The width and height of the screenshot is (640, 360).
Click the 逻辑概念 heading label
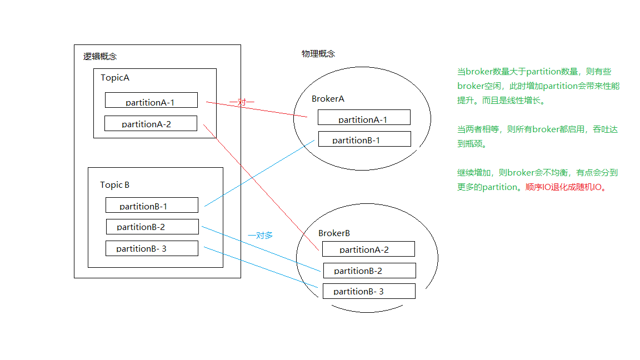[x=100, y=57]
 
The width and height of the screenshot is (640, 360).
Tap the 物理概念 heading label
[x=318, y=54]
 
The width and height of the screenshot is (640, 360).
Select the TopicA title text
[x=115, y=78]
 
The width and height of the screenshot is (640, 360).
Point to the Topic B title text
[x=114, y=185]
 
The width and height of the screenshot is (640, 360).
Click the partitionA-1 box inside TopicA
[x=151, y=101]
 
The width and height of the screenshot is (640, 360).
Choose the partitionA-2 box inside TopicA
[x=151, y=123]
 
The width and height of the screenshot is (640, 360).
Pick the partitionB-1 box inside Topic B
[x=152, y=205]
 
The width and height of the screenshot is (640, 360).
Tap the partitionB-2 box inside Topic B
[x=152, y=227]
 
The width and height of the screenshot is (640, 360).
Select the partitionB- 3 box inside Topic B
[x=152, y=248]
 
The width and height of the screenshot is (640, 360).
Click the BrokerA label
[x=328, y=99]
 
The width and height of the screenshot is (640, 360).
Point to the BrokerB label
[x=334, y=233]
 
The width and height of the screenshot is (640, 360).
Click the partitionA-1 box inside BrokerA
[x=364, y=118]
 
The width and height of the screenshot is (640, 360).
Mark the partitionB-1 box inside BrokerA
[x=364, y=139]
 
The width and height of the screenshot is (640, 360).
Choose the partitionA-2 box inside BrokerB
[x=368, y=249]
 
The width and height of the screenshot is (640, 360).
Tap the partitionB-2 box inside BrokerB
[x=369, y=271]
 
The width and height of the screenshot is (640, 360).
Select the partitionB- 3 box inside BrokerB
[x=369, y=291]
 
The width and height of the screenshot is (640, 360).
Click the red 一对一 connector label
[x=242, y=103]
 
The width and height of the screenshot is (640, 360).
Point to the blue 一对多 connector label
[x=260, y=235]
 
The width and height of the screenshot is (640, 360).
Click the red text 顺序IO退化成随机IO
[x=565, y=187]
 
